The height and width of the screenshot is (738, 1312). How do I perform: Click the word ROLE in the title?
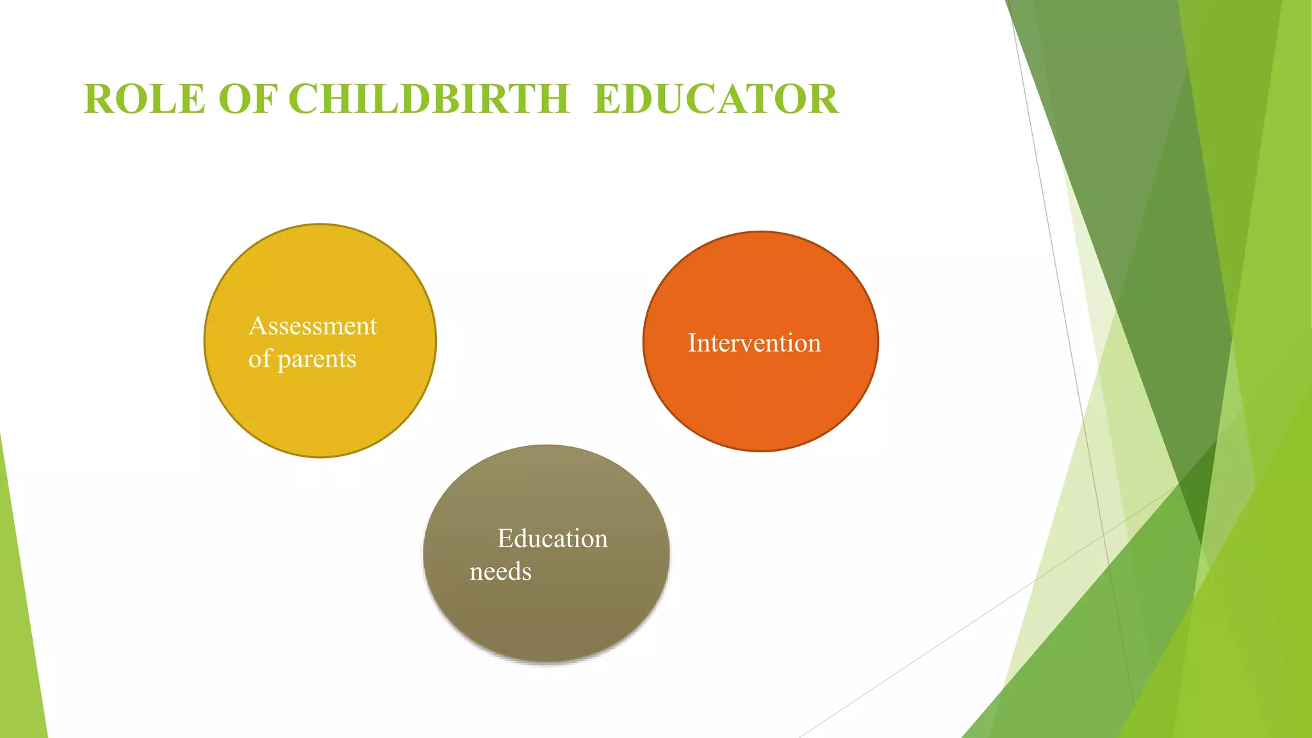(144, 99)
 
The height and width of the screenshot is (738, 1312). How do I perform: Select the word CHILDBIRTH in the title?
(429, 99)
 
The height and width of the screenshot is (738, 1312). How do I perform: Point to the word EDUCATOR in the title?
(716, 99)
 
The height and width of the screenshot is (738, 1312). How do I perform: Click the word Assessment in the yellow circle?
(313, 326)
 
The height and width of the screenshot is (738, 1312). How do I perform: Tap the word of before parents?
(259, 359)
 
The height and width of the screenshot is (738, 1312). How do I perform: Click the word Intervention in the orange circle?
(754, 343)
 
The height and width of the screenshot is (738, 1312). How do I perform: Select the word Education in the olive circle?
(552, 539)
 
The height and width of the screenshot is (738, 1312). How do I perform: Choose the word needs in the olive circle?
(500, 571)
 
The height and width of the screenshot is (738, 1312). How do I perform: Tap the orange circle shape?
(760, 404)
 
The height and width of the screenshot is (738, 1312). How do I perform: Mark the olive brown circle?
(546, 615)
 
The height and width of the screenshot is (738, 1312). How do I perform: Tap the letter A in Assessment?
(258, 326)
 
